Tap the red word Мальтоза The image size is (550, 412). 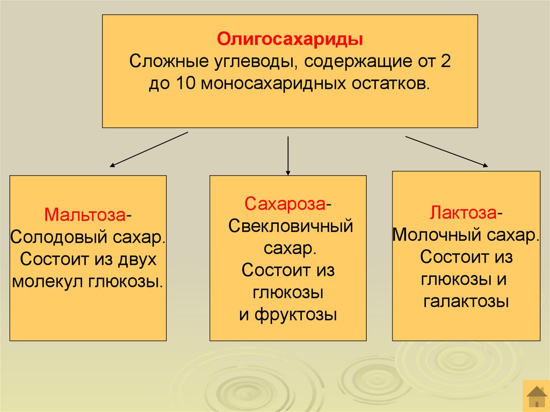[x=85, y=214]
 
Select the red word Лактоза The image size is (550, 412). [x=462, y=213]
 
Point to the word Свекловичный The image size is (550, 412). [x=291, y=226]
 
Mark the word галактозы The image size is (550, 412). [x=466, y=301]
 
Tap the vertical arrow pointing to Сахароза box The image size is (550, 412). [x=288, y=156]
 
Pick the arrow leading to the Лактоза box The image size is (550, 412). [x=446, y=151]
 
